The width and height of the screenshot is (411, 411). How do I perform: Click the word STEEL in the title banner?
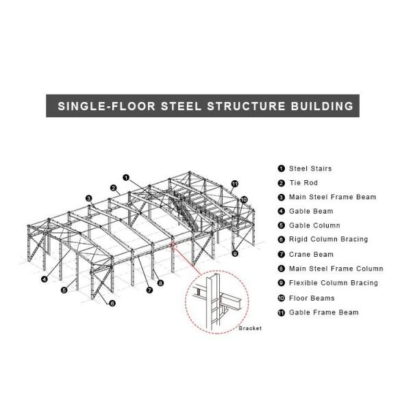click(x=179, y=106)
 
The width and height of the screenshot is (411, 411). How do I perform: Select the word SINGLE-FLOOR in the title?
click(x=106, y=106)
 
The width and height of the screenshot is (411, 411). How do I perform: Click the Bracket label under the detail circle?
click(x=250, y=329)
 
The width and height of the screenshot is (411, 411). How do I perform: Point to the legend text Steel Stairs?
click(x=310, y=168)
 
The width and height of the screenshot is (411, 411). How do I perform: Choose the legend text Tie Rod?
click(x=303, y=183)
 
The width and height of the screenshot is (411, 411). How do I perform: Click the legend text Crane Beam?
click(x=311, y=254)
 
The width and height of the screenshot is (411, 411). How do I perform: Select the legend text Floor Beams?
click(x=312, y=298)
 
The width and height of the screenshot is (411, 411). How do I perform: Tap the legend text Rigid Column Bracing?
click(x=328, y=239)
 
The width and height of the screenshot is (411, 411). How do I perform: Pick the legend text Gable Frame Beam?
click(x=323, y=312)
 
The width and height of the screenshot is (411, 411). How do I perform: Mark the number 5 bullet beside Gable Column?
click(x=281, y=225)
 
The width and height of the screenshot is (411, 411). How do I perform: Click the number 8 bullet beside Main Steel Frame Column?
click(x=281, y=269)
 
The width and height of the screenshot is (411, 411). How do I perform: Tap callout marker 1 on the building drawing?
click(x=127, y=176)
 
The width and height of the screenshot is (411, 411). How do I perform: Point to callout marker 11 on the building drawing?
click(x=234, y=184)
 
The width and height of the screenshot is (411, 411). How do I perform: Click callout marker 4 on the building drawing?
click(x=44, y=279)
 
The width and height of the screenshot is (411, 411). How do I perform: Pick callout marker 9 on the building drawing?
click(x=235, y=253)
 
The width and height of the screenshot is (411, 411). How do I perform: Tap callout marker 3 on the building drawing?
click(x=88, y=199)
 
